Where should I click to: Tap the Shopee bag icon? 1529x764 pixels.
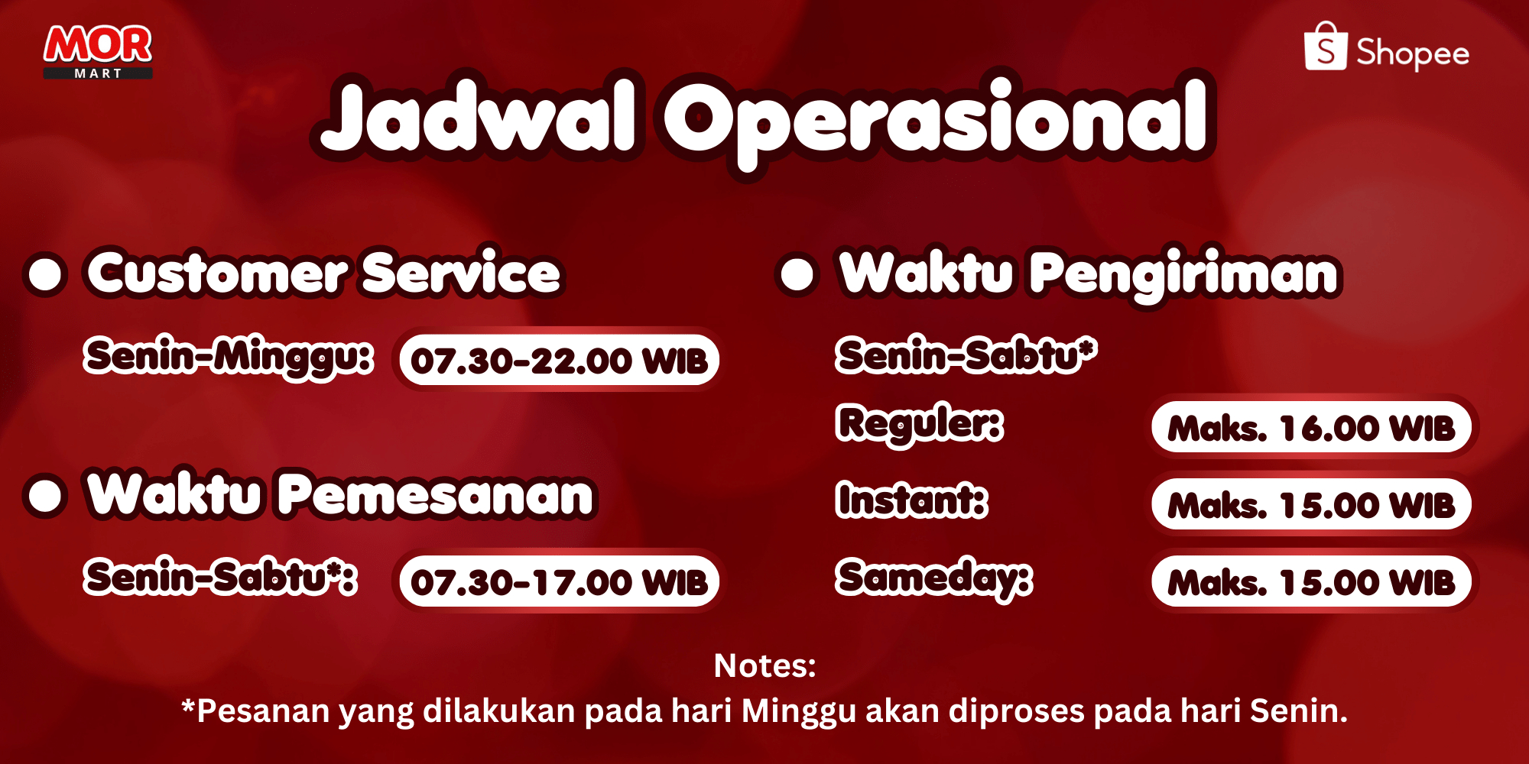click(x=1326, y=47)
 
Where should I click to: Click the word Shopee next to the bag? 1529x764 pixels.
click(x=1413, y=53)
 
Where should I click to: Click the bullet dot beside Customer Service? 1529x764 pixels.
click(x=45, y=274)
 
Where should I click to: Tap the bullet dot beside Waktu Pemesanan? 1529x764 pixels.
click(x=45, y=495)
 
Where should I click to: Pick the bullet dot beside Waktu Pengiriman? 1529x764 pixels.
click(x=797, y=274)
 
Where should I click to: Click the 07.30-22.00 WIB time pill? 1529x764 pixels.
click(x=559, y=360)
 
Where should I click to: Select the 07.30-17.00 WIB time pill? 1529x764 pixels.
click(x=559, y=581)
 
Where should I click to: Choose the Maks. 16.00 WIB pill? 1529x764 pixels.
click(x=1312, y=427)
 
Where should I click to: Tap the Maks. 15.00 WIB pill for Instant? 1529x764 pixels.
click(x=1312, y=504)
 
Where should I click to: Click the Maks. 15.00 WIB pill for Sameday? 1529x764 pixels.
click(x=1312, y=581)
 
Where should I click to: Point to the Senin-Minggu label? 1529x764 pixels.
click(x=229, y=358)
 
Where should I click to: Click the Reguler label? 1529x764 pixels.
click(x=920, y=425)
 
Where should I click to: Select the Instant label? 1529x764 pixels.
click(x=912, y=500)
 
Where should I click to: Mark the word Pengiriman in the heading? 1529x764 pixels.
click(x=1184, y=275)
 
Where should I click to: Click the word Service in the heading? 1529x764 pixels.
click(x=461, y=272)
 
